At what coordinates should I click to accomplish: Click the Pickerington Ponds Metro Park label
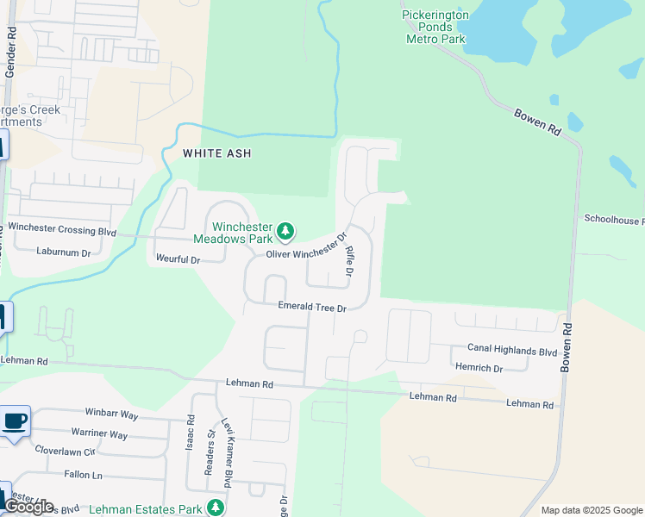tap(435, 26)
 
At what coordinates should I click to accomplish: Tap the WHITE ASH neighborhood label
tap(216, 153)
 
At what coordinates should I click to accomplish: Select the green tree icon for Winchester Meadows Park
tap(285, 232)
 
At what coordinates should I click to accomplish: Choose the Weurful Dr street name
tap(178, 259)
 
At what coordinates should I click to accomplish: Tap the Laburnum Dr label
tap(63, 252)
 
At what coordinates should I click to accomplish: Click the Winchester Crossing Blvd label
tap(61, 231)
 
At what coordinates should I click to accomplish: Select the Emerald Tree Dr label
tap(311, 307)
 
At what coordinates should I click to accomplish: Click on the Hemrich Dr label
tap(479, 368)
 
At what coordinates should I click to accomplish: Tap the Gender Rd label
tap(11, 52)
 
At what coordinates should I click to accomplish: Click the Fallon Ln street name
tap(83, 475)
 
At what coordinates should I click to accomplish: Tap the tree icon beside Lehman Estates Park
tap(215, 508)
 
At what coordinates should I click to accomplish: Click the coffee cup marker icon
tap(15, 421)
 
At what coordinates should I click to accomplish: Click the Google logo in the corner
tap(28, 507)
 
